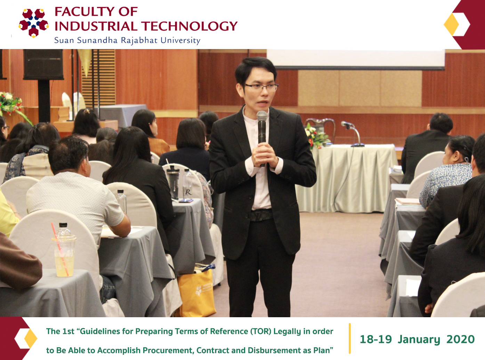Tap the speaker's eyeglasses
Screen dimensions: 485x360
click(x=262, y=87)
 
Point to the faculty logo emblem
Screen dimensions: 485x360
click(x=33, y=23)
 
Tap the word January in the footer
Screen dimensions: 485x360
click(x=419, y=339)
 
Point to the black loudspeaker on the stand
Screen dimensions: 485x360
click(x=43, y=64)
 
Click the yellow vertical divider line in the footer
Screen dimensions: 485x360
click(x=350, y=338)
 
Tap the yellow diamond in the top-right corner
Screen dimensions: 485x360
click(x=451, y=24)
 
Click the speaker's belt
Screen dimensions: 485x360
click(x=262, y=215)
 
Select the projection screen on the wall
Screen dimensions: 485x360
click(x=356, y=59)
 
